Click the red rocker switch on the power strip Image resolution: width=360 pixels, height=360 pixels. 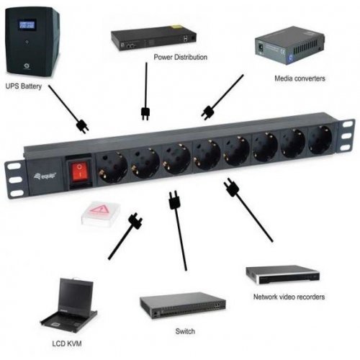[78, 170]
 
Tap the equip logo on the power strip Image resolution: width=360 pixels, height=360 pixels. [42, 173]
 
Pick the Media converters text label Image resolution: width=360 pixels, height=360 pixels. [299, 78]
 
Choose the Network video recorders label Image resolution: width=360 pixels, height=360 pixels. [289, 296]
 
